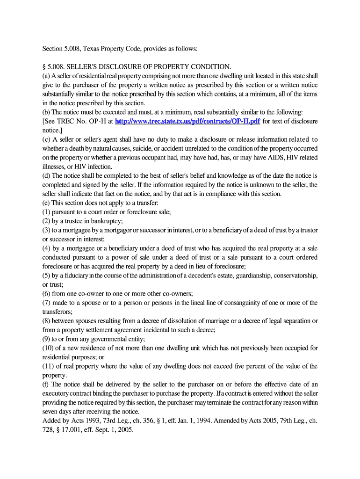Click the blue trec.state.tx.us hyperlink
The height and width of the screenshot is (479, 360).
(187, 121)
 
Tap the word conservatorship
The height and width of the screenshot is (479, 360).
(294, 276)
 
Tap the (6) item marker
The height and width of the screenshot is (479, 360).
(47, 293)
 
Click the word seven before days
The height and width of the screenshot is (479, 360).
(50, 412)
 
